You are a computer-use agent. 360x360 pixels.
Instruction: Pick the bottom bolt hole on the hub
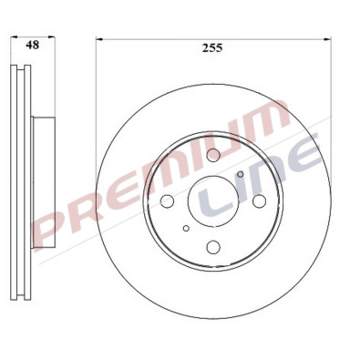coord(212,246)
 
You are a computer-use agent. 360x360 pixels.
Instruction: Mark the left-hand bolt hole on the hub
coord(167,202)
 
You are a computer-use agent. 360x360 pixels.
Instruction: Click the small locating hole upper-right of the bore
coord(240,174)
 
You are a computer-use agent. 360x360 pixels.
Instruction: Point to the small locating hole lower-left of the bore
coord(186,229)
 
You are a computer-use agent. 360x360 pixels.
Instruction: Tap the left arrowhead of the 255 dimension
coord(100,39)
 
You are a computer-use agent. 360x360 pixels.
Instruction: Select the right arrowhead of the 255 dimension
coord(325,39)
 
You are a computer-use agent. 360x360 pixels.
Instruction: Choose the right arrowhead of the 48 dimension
coord(47,39)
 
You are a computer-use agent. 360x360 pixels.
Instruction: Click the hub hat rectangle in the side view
coord(41,201)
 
